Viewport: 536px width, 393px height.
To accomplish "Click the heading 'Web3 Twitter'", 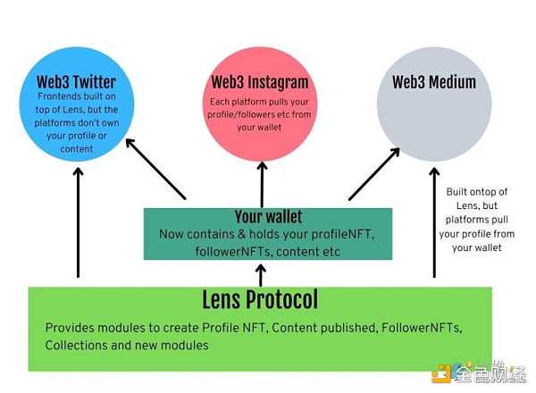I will tap(77, 83).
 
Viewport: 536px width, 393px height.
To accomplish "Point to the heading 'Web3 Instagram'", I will tap(260, 83).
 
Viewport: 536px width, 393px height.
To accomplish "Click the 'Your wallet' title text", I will tap(268, 216).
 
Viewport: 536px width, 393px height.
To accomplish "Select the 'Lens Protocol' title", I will tap(260, 299).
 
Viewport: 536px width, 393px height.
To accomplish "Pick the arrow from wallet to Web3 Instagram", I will tap(261, 183).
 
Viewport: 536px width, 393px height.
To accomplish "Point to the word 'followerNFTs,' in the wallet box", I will tap(230, 251).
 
